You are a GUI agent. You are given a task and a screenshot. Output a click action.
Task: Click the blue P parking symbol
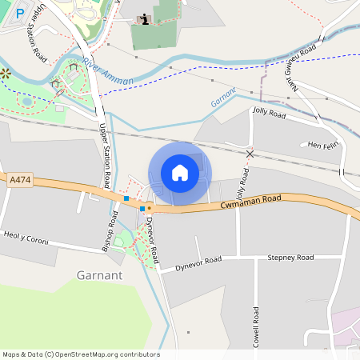(20, 14)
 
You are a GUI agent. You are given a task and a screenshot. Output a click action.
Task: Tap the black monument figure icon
(144, 19)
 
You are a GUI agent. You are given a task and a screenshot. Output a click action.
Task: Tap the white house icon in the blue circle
(180, 173)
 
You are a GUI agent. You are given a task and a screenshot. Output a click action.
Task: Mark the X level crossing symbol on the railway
(250, 153)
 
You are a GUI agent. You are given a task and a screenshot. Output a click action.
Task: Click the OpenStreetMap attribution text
(80, 354)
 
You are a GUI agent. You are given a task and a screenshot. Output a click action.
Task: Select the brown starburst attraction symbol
(5, 73)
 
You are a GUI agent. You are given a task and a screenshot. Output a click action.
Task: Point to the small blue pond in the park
(27, 102)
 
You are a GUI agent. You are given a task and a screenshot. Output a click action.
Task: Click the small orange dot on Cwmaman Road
(149, 207)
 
